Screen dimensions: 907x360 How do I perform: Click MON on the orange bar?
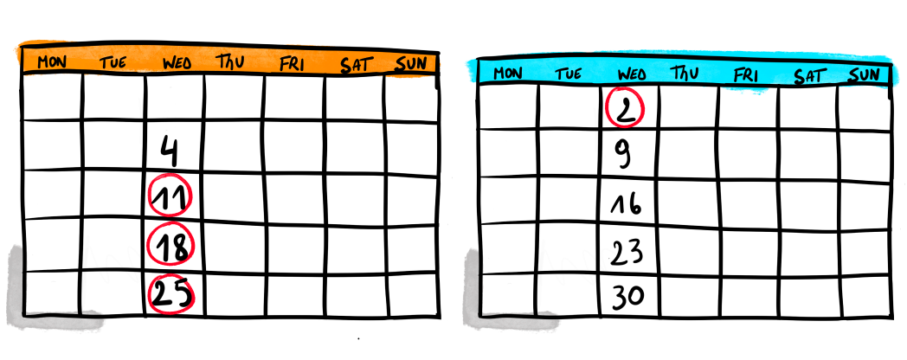pyautogui.click(x=52, y=61)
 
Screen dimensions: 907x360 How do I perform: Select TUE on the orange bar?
pyautogui.click(x=113, y=62)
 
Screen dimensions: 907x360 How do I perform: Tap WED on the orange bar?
pyautogui.click(x=177, y=62)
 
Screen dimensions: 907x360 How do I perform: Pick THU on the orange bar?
pyautogui.click(x=230, y=61)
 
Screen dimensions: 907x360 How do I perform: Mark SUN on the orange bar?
pyautogui.click(x=410, y=63)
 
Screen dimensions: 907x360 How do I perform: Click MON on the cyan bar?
pyautogui.click(x=507, y=73)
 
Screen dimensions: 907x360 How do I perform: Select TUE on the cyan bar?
pyautogui.click(x=568, y=74)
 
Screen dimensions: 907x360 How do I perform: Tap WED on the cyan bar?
pyautogui.click(x=631, y=74)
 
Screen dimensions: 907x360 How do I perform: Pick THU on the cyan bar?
pyautogui.click(x=685, y=74)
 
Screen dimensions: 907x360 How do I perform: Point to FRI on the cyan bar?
pyautogui.click(x=745, y=74)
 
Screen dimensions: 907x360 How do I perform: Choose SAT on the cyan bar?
pyautogui.click(x=809, y=75)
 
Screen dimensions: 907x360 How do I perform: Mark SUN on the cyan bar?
pyautogui.click(x=864, y=74)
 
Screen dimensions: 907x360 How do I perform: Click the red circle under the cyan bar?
pyautogui.click(x=625, y=108)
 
